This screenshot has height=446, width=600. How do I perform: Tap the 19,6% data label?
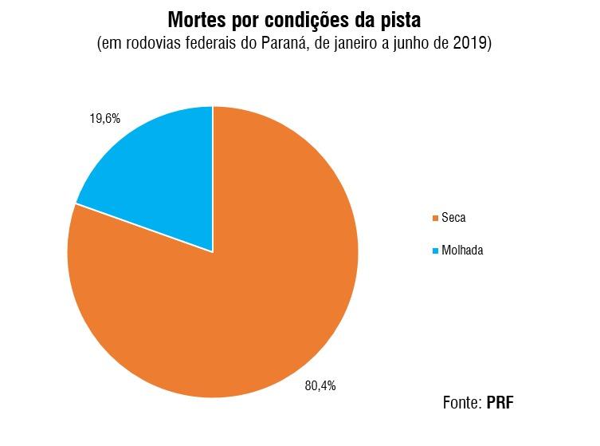coord(104,118)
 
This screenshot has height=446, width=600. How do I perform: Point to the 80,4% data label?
coord(320,385)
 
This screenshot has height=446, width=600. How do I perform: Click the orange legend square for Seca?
coord(435,218)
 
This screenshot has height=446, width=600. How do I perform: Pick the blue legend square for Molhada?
coord(435,251)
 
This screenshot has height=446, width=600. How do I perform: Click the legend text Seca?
coord(454,218)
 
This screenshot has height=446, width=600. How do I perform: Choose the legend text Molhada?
coord(463,251)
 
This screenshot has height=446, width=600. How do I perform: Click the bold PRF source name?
coord(500,402)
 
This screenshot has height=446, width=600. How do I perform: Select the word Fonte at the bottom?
coord(461,402)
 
